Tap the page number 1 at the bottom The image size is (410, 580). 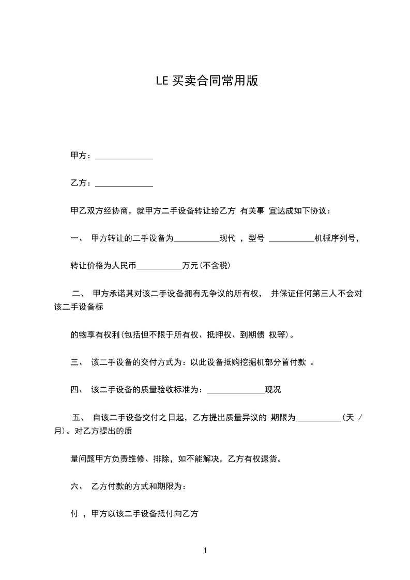tap(205, 551)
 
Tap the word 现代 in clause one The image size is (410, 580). tap(227, 238)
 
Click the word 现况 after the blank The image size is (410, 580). tap(273, 390)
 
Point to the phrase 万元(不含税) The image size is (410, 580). tap(206, 266)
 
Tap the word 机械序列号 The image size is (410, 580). tap(335, 238)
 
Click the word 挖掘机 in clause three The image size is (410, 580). tap(253, 362)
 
